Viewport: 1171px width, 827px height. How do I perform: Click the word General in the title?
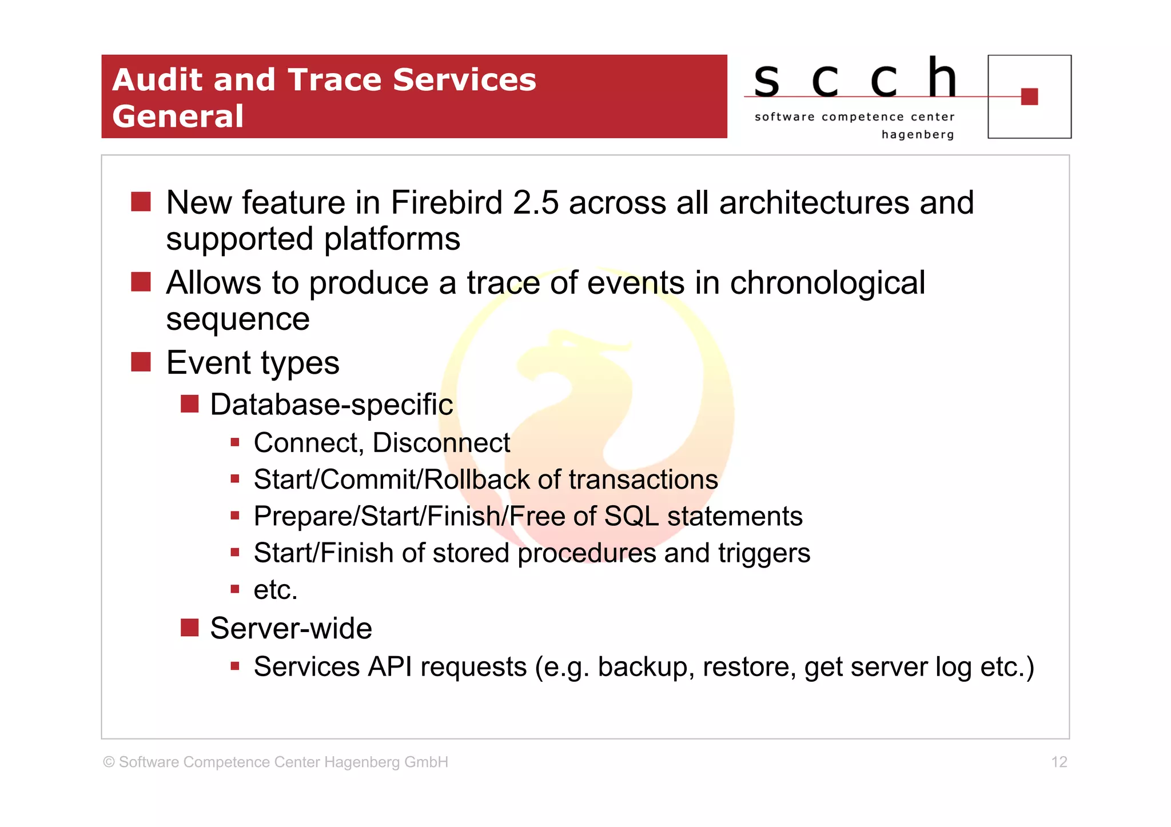click(x=178, y=117)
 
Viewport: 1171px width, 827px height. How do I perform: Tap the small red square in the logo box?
click(x=1029, y=97)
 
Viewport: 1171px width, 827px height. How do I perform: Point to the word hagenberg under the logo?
click(x=917, y=135)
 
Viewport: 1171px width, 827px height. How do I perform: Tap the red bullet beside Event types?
click(x=141, y=362)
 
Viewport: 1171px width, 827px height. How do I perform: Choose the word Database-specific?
click(x=331, y=405)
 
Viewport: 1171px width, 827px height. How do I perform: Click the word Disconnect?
click(x=441, y=443)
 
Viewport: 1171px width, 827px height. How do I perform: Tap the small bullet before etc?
click(x=234, y=589)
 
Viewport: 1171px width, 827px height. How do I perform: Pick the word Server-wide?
click(x=290, y=629)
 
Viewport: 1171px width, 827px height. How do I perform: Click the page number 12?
click(x=1058, y=762)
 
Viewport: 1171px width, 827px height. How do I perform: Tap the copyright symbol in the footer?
click(x=109, y=762)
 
